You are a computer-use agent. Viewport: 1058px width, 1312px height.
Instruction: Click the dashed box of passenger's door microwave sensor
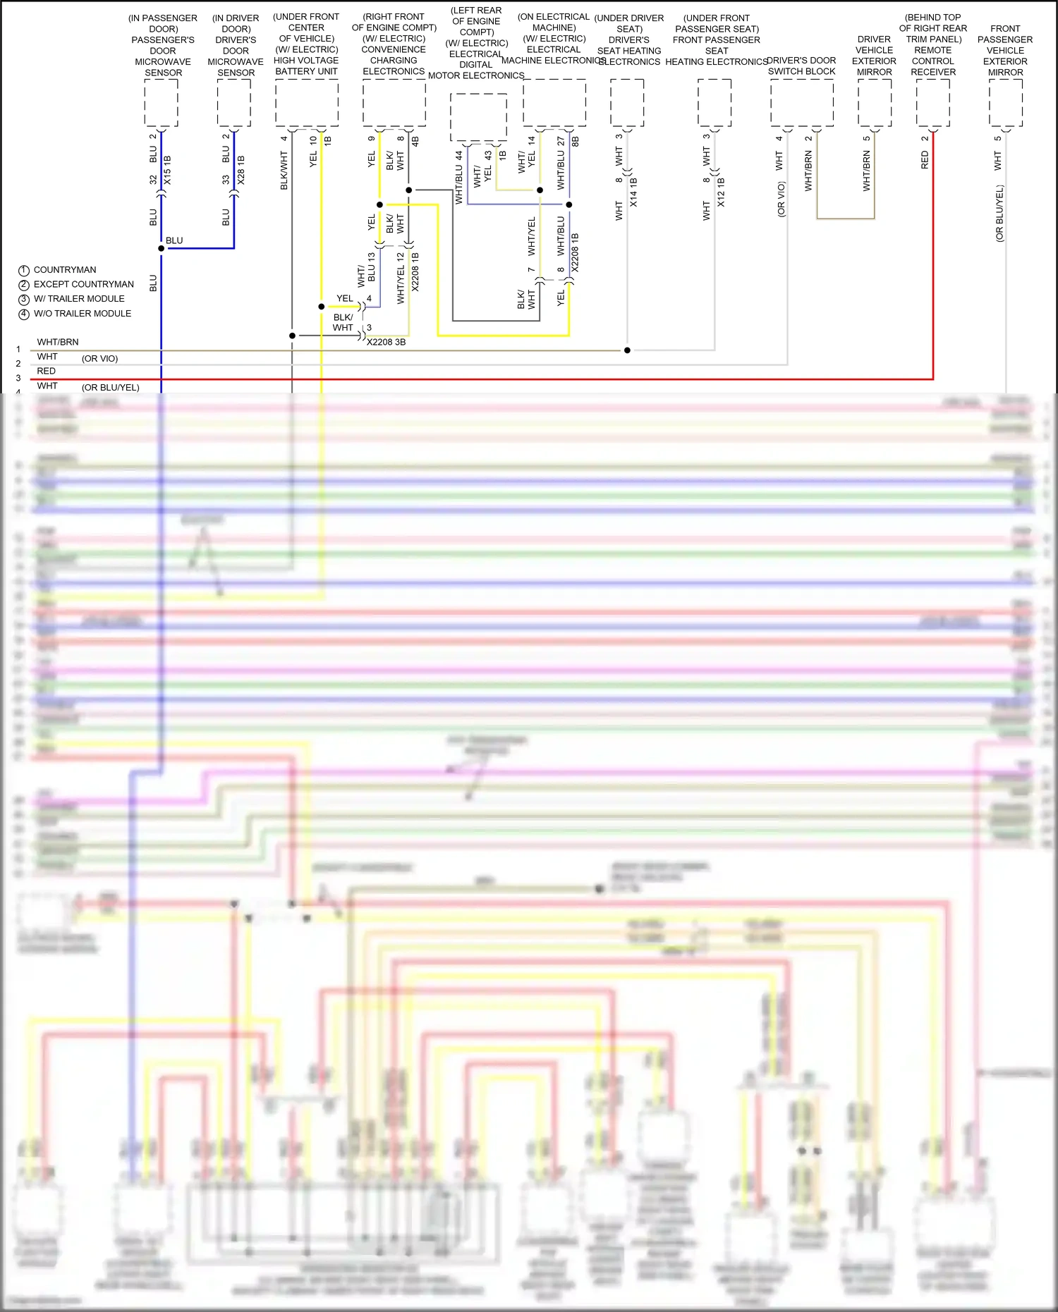point(161,103)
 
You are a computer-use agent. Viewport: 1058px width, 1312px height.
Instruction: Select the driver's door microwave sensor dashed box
point(234,103)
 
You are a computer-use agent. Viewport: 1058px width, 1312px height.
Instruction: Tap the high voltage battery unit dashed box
point(307,103)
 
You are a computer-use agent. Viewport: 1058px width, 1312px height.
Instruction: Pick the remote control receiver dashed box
point(933,103)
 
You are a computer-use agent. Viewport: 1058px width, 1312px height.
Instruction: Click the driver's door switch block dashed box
point(802,103)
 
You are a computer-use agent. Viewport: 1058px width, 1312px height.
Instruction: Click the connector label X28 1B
point(241,171)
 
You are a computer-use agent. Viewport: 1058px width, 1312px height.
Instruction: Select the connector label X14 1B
point(633,192)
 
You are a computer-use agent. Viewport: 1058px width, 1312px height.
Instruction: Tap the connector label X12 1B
point(721,192)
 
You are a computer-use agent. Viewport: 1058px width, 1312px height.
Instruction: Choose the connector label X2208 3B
point(386,343)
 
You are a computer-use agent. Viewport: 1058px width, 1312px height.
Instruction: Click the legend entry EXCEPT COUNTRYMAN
point(83,284)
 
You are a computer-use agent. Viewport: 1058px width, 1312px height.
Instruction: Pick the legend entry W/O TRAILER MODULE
point(82,314)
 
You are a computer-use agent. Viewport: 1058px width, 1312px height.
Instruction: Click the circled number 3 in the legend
point(24,300)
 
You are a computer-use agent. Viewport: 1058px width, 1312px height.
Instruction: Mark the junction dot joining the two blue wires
point(162,248)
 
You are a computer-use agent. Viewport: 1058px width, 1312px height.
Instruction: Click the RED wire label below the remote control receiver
point(925,160)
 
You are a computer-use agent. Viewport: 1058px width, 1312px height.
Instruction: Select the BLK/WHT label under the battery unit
point(284,171)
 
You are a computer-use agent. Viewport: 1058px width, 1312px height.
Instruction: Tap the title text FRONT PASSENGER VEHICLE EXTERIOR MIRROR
point(1005,50)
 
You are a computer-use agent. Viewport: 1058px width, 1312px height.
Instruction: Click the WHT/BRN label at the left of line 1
point(58,342)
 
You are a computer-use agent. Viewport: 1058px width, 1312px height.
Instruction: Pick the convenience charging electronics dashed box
point(394,103)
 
